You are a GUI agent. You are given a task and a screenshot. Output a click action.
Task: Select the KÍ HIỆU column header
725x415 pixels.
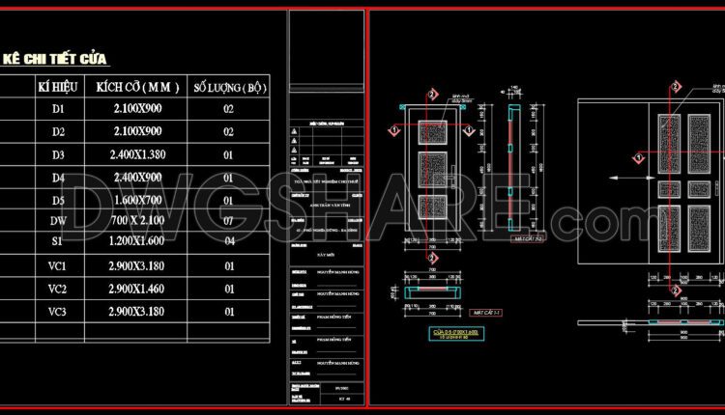(x=56, y=87)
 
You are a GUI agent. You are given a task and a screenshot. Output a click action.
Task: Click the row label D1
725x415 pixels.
(x=57, y=109)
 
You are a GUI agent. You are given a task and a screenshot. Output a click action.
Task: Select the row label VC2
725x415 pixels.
(x=57, y=289)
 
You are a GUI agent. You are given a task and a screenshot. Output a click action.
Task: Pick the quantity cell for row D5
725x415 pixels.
(x=229, y=200)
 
